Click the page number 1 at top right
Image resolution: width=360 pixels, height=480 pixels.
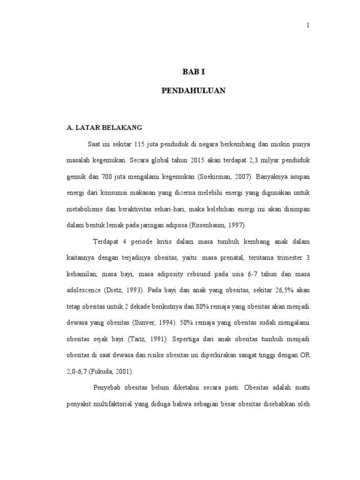[x=308, y=26]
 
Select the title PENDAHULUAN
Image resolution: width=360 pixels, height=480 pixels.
[x=194, y=91]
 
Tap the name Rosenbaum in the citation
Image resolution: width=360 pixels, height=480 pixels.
[x=207, y=225]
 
